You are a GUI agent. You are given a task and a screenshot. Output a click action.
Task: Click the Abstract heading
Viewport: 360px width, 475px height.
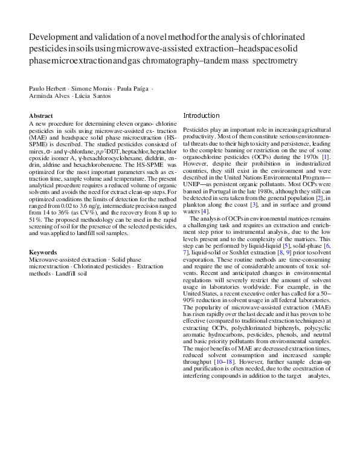pos(41,115)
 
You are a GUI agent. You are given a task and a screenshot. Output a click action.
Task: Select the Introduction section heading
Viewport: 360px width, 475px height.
pos(201,115)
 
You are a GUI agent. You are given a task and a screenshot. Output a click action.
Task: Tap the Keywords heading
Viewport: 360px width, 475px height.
pos(43,252)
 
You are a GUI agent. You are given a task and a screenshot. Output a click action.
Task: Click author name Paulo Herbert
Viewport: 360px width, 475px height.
pos(50,88)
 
